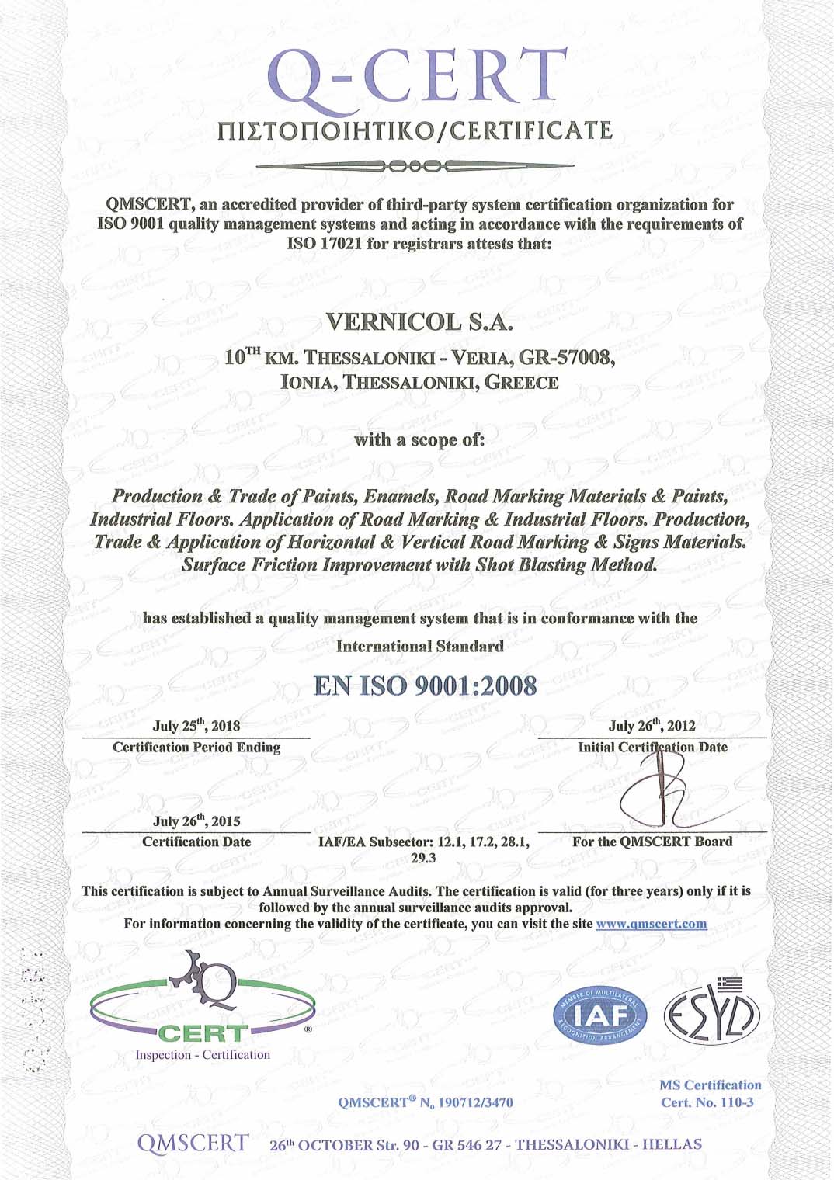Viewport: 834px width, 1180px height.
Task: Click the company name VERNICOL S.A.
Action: pos(419,321)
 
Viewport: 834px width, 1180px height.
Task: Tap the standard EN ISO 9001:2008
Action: pos(425,686)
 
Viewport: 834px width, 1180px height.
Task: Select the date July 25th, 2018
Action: pos(196,726)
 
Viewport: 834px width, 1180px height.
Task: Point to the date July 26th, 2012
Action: pos(652,726)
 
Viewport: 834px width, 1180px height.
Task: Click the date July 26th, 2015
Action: pos(196,821)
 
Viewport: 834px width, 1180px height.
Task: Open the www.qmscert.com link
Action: pos(651,924)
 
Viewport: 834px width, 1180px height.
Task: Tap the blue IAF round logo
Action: pos(601,1015)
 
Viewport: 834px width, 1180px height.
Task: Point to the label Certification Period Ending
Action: pos(196,748)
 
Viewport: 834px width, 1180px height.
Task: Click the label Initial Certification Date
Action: pos(652,748)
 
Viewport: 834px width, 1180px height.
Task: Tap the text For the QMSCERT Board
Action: pos(652,842)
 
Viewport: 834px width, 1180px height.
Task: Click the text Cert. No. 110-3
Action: pos(707,1102)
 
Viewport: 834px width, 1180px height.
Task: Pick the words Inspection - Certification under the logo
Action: pos(203,1055)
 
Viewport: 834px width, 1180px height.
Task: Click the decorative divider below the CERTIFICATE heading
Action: pos(415,166)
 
